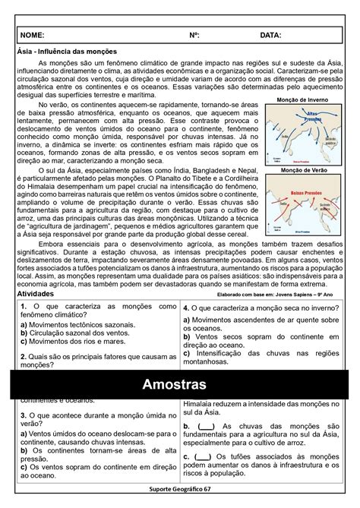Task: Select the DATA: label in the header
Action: (270, 35)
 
